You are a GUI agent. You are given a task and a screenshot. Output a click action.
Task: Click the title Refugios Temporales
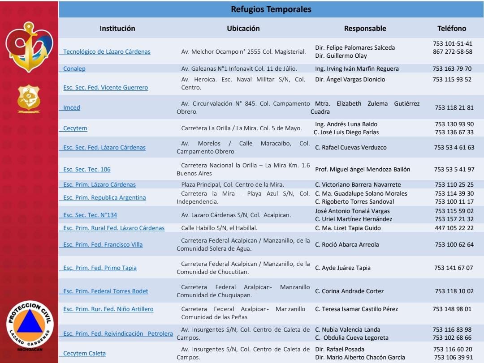pyautogui.click(x=271, y=9)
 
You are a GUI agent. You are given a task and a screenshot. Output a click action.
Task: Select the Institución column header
pyautogui.click(x=117, y=28)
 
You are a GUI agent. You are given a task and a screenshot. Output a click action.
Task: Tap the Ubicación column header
pyautogui.click(x=243, y=28)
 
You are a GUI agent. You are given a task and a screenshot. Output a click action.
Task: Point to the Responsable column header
pyautogui.click(x=365, y=29)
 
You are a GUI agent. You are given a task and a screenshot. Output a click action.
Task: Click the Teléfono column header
pyautogui.click(x=452, y=29)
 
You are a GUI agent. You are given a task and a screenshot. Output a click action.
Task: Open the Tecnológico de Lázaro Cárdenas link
pyautogui.click(x=107, y=52)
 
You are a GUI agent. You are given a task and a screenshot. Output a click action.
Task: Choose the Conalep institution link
pyautogui.click(x=74, y=69)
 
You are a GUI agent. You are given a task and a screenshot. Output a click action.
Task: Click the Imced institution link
pyautogui.click(x=72, y=108)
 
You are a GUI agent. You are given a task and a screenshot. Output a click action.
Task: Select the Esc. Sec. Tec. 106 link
pyautogui.click(x=87, y=170)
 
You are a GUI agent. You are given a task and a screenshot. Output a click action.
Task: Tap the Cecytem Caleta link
pyautogui.click(x=84, y=354)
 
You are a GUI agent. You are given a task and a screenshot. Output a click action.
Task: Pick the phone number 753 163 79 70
pyautogui.click(x=452, y=69)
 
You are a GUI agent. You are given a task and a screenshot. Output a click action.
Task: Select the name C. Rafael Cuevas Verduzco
pyautogui.click(x=350, y=148)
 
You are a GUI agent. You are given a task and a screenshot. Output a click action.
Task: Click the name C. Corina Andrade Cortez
pyautogui.click(x=350, y=291)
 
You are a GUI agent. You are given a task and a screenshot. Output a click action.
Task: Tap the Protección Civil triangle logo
pyautogui.click(x=30, y=325)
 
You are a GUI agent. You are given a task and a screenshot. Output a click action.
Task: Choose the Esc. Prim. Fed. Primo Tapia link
pyautogui.click(x=100, y=268)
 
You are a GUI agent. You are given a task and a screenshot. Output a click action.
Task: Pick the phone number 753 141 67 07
pyautogui.click(x=454, y=268)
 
